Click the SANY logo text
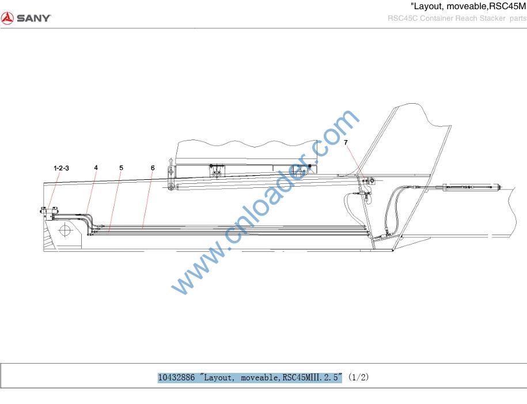[33, 18]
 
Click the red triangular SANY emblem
[7, 18]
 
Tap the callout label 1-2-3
[61, 168]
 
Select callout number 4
[96, 168]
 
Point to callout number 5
[121, 168]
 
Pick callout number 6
[153, 168]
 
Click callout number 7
[346, 142]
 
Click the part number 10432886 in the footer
[176, 377]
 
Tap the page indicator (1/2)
[359, 377]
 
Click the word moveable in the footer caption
[259, 377]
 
